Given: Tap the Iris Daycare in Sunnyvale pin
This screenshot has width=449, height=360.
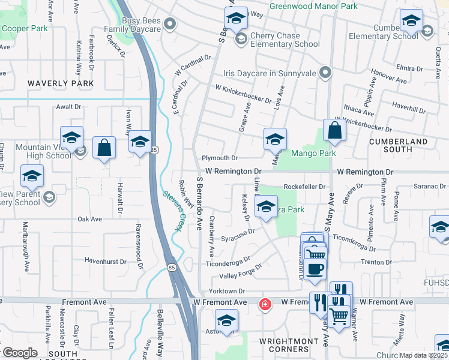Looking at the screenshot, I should click(326, 73).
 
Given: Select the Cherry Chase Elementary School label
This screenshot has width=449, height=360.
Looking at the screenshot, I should click(285, 40).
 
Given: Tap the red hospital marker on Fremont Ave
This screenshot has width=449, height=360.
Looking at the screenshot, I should click(264, 305).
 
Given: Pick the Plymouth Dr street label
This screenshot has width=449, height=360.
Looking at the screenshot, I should click(219, 158).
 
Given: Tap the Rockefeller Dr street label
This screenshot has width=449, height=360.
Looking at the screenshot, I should click(304, 187).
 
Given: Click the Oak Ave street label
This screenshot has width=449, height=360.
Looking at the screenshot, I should click(89, 219).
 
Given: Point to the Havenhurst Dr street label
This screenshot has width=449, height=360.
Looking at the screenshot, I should click(106, 262).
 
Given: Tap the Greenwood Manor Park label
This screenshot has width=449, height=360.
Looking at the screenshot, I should click(313, 6).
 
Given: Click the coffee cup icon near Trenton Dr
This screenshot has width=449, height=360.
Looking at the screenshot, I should click(314, 268).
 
